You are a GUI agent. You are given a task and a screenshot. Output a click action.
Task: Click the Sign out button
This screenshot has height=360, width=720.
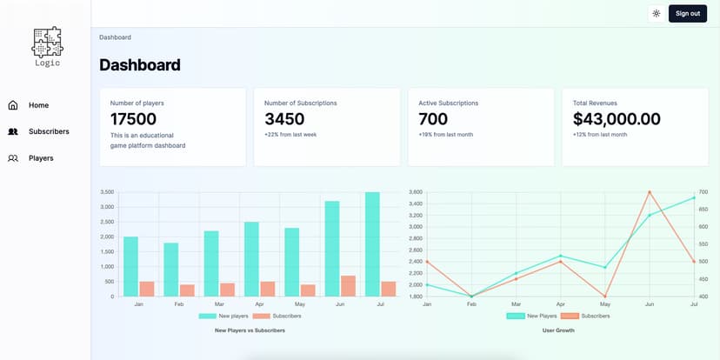(x=687, y=13)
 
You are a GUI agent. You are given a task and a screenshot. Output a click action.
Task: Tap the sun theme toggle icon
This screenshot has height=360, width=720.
(x=656, y=13)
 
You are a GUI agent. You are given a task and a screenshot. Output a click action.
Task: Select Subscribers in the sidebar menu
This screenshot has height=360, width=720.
(x=48, y=131)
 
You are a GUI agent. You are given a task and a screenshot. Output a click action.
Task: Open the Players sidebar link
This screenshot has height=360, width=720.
(x=41, y=158)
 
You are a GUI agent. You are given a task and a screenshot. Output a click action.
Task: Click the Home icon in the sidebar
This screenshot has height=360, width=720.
(x=13, y=105)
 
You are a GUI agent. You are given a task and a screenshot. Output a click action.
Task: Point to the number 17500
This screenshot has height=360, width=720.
(x=133, y=119)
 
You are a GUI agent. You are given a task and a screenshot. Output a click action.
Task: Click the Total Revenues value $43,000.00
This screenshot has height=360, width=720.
(x=617, y=119)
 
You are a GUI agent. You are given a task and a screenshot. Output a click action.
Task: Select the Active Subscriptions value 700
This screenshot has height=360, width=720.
(x=433, y=119)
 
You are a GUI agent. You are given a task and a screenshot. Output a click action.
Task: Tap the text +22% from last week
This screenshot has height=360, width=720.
(x=291, y=135)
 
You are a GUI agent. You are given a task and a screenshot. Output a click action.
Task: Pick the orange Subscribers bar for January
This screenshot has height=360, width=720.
(x=147, y=289)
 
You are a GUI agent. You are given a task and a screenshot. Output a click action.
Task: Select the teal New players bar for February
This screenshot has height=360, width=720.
(x=170, y=270)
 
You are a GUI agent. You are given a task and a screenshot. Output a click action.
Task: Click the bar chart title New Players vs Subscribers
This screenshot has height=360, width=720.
(x=250, y=330)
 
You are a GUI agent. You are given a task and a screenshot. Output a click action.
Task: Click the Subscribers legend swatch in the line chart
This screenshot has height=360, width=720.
(x=569, y=316)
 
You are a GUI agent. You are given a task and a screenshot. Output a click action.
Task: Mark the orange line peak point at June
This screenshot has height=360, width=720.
(x=650, y=191)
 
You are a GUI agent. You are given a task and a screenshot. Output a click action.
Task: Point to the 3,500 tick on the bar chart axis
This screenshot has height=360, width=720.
(x=107, y=192)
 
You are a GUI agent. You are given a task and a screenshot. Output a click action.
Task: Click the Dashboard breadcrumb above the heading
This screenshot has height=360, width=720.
(x=115, y=37)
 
